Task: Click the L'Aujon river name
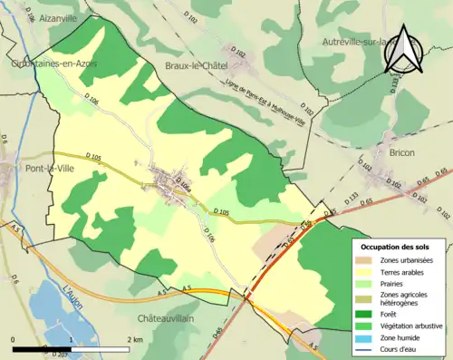pos(74,298)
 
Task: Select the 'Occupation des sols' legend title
pos(396,247)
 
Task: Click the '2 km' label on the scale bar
pos(133,339)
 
